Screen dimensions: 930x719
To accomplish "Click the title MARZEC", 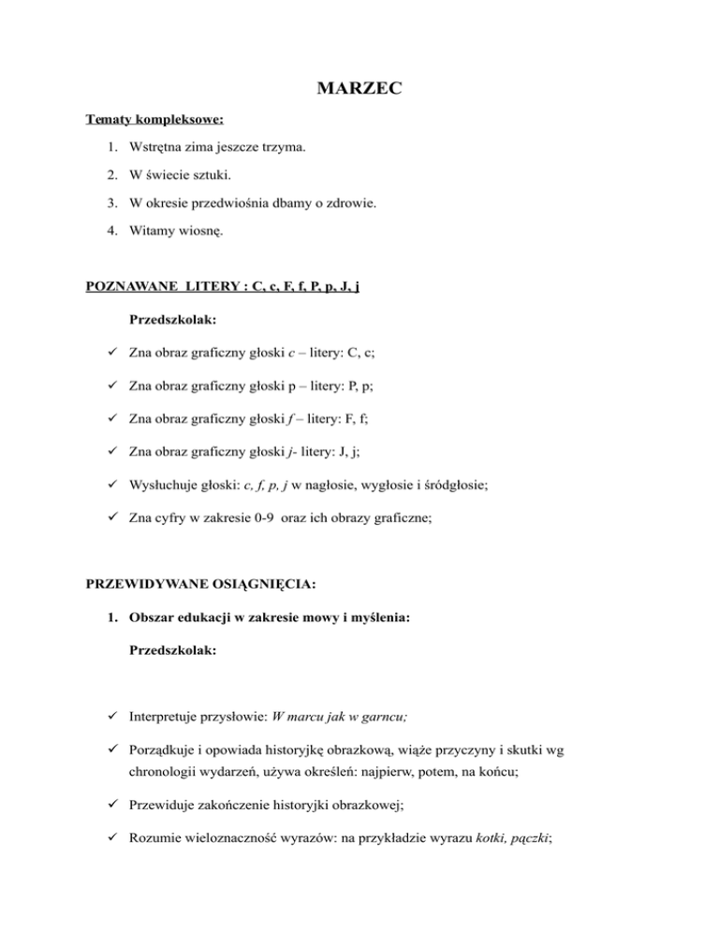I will click(359, 90).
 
